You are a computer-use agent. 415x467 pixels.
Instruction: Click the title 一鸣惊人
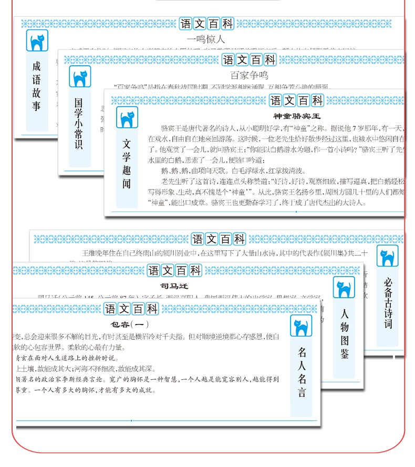coord(205,38)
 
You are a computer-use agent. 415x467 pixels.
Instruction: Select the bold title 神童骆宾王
coord(297,116)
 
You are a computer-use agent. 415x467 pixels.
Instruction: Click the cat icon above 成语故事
coord(37,41)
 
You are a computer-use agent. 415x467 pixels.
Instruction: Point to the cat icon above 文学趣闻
coord(127,118)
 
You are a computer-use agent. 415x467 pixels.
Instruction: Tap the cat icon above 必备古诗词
coord(388,256)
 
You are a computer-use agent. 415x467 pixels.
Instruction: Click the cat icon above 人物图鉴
coord(344,288)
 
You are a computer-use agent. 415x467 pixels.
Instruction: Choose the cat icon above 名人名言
coord(301,326)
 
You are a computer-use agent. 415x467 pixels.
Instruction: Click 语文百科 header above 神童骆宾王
coord(296,100)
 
